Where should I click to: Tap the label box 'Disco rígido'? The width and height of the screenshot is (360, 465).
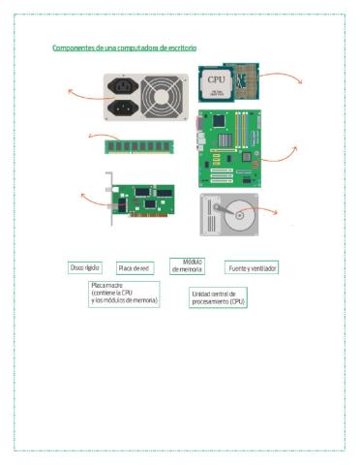[84, 266]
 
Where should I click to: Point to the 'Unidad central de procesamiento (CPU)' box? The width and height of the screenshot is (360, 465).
[219, 297]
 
